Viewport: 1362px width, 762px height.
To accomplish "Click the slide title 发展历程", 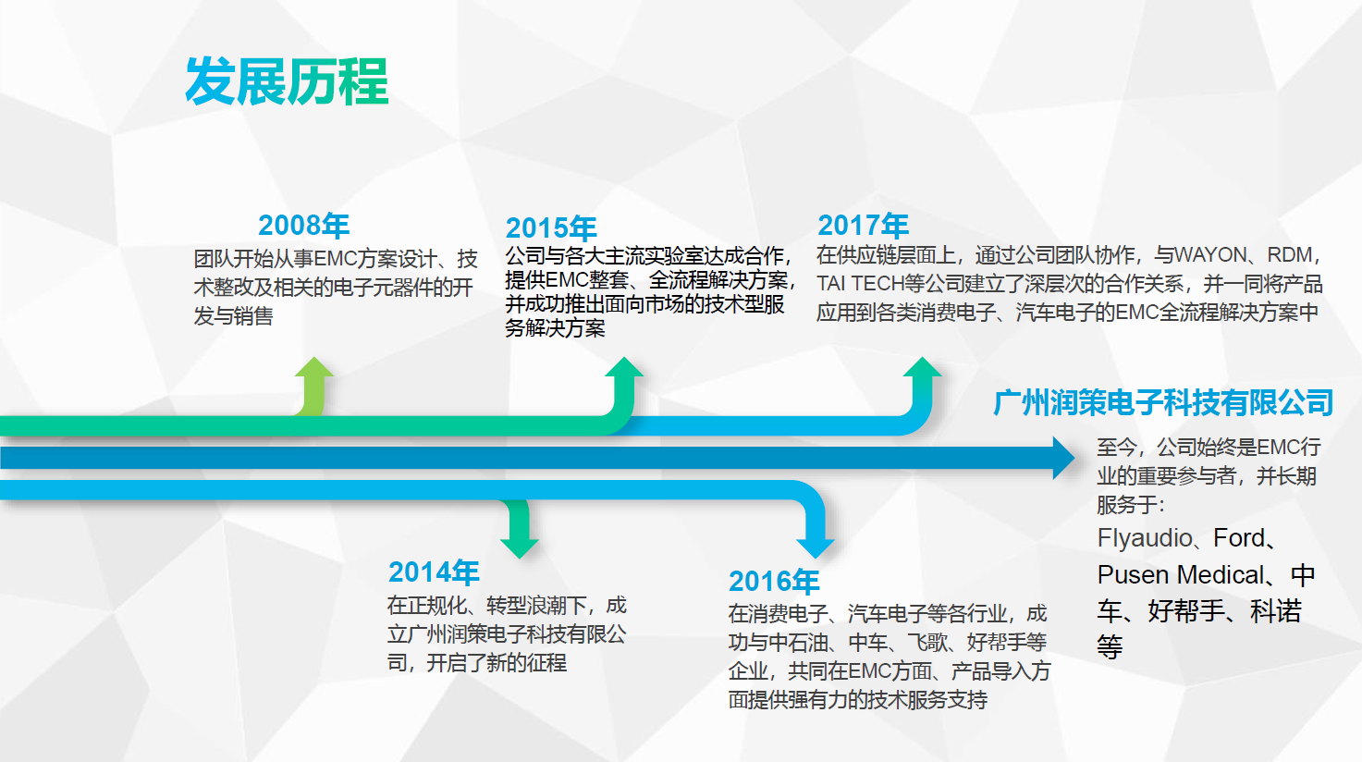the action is (287, 81).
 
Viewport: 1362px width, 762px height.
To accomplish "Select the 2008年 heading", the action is (303, 225).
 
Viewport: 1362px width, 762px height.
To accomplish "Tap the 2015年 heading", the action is (551, 228).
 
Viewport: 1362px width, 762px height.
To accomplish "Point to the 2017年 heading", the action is (863, 225).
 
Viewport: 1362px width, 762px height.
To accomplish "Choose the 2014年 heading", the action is (434, 571).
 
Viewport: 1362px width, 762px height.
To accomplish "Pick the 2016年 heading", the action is (774, 581).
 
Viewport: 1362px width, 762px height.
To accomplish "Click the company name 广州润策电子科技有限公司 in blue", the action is (1163, 402).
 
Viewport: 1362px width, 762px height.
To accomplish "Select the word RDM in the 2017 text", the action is (1290, 255).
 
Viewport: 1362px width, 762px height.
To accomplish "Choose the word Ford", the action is (1239, 538).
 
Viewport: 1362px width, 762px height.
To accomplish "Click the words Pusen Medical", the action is (1181, 574).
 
